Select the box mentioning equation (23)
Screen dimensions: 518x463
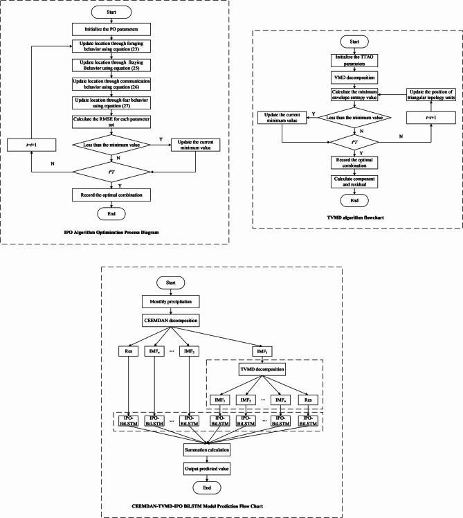pyautogui.click(x=111, y=47)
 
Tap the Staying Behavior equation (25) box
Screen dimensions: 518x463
pyautogui.click(x=111, y=66)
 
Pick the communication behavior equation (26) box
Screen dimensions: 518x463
pyautogui.click(x=111, y=84)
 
